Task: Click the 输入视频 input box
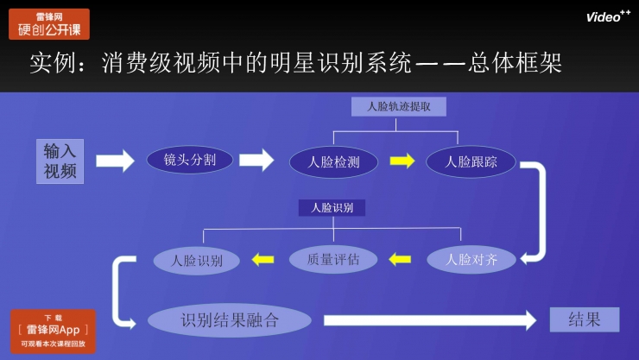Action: pos(60,161)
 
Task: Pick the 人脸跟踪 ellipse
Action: pos(471,161)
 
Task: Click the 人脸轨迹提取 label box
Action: pos(399,106)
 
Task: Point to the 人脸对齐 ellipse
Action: pos(471,258)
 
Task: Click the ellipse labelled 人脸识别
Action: pos(197,260)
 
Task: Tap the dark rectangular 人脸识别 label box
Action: pos(332,207)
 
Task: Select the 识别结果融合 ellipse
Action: pos(229,320)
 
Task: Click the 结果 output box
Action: pos(585,319)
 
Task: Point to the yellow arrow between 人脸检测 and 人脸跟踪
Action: pos(402,161)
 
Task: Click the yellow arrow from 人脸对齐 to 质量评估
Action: pos(400,258)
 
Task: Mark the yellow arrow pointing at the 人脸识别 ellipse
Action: pos(262,258)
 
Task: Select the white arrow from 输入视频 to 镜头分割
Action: pos(115,161)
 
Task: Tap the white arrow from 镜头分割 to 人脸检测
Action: pos(256,161)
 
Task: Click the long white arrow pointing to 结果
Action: pos(431,320)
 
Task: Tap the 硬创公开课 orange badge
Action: pos(49,24)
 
